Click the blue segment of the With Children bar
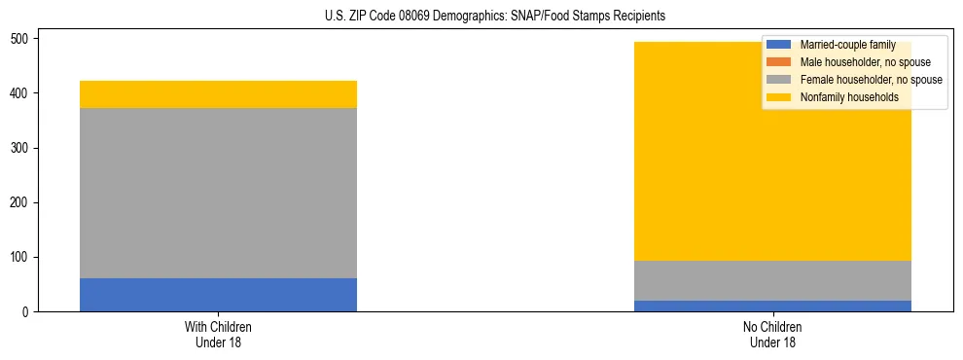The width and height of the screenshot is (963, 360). tap(218, 295)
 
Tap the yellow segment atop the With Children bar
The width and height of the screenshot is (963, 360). tap(218, 94)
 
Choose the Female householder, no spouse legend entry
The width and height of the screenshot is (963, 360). tap(871, 80)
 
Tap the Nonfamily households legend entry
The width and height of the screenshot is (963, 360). tap(848, 97)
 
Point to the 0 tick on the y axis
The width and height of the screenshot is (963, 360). tap(28, 312)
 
